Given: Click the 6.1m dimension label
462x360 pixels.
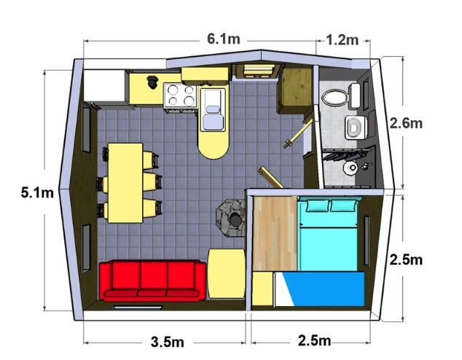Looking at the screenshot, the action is point(224,39).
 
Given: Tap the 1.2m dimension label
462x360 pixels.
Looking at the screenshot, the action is point(342,40).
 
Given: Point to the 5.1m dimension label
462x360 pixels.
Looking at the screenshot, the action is point(37,193).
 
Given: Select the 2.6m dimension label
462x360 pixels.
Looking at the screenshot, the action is point(406,123).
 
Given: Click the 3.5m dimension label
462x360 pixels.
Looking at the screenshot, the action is point(168,342).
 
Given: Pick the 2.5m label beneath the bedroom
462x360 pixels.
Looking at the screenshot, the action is point(314,340).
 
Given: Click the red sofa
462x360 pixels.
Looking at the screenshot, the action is point(152,281).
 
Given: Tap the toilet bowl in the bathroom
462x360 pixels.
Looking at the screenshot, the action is point(334,97).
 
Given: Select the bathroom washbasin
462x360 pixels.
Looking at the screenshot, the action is point(356,128).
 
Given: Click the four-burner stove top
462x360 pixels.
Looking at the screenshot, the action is point(181,95).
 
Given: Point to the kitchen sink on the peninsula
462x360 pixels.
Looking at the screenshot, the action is point(213,110).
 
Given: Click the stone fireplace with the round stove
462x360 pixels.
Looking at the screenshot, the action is point(231,217).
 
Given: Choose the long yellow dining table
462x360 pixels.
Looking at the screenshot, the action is point(125,183).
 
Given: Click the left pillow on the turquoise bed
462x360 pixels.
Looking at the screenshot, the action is point(317,206).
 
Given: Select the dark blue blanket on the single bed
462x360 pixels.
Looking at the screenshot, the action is point(324,289).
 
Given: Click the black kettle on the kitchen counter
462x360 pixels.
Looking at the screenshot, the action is point(152,82).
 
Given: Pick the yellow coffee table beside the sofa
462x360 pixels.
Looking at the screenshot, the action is point(227,273).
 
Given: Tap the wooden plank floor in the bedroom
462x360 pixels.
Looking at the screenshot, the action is point(275,233).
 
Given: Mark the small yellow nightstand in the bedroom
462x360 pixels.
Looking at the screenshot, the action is point(263,289).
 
